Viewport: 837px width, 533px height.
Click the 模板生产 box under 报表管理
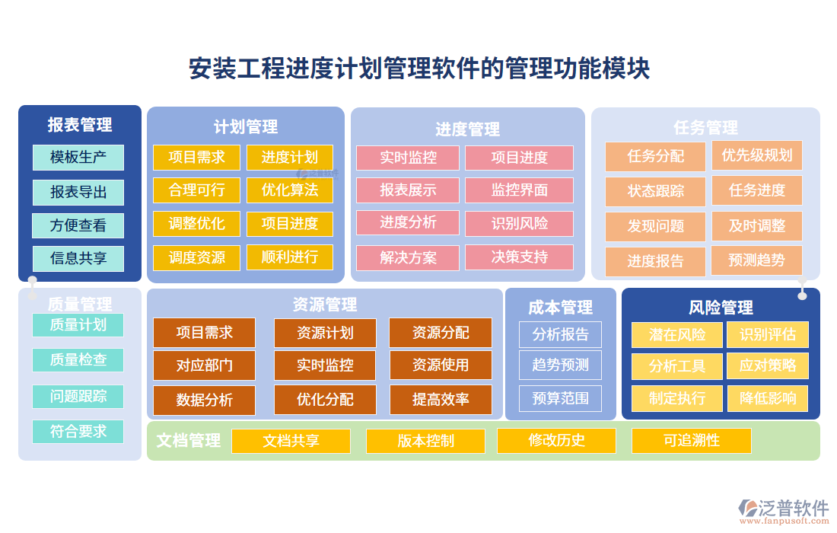point(78,158)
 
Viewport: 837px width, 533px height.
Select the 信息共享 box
point(78,258)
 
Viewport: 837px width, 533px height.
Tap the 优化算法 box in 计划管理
point(290,190)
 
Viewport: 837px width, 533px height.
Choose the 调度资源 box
point(197,257)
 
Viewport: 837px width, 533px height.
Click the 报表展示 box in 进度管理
point(408,190)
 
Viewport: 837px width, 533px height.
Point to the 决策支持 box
point(520,257)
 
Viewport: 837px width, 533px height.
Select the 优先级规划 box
point(757,155)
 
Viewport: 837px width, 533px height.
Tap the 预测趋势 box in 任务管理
point(756,260)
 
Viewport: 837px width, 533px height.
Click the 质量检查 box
point(78,359)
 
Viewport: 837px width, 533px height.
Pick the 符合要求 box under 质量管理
point(78,431)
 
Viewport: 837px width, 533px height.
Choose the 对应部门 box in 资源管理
point(205,365)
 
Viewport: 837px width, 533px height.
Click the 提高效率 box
point(441,400)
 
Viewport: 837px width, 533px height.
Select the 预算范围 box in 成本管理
point(560,398)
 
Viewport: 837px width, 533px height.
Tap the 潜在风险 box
point(677,335)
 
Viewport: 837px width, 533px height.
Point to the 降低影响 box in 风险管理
point(768,397)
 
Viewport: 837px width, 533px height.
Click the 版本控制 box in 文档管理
point(425,441)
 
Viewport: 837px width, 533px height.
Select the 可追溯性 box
point(692,441)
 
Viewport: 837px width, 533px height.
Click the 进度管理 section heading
point(468,129)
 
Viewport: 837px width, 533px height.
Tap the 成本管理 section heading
point(561,308)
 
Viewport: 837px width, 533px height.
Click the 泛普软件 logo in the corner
point(784,509)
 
